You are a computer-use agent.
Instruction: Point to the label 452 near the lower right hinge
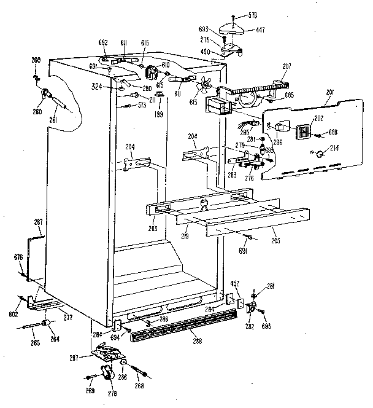coord(234,283)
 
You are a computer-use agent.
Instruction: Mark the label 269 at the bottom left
coord(90,390)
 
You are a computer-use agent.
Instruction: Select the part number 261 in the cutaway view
coord(53,120)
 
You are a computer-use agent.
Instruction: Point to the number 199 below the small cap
coord(161,114)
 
